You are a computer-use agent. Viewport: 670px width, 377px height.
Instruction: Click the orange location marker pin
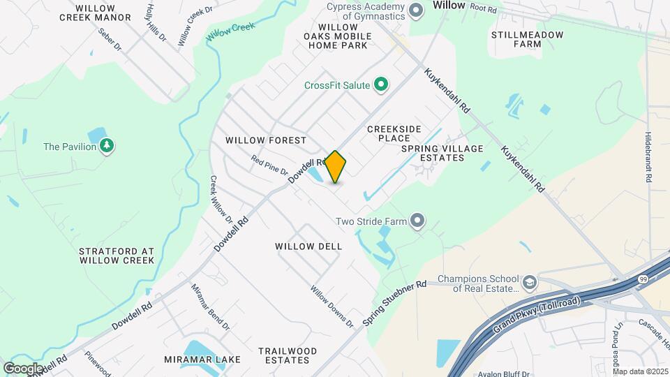(x=335, y=166)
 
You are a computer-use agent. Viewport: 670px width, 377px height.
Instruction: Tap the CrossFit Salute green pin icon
(x=381, y=85)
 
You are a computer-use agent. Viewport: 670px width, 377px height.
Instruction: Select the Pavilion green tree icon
(x=107, y=146)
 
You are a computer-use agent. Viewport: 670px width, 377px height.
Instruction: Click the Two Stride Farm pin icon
(x=417, y=221)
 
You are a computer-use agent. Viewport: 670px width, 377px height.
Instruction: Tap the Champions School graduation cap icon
(x=530, y=282)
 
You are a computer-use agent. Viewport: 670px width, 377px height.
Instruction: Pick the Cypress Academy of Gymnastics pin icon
(x=417, y=10)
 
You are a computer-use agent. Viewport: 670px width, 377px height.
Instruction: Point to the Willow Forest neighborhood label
(x=266, y=140)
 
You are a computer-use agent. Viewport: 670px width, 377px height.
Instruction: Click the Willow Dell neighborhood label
(x=308, y=246)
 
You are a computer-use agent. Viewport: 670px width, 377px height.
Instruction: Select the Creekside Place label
(x=394, y=133)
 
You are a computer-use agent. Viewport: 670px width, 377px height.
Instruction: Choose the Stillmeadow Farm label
(x=527, y=39)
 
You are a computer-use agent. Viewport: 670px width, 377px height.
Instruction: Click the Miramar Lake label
(x=202, y=360)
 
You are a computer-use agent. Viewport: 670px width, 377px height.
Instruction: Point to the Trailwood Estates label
(x=283, y=355)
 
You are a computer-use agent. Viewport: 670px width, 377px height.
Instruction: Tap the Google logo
(x=23, y=368)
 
